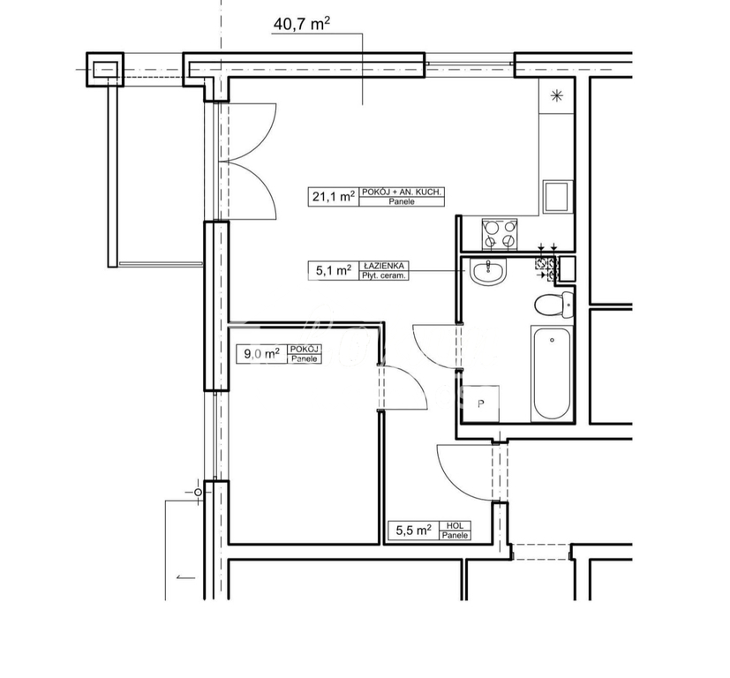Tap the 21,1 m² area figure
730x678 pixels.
[x=332, y=197]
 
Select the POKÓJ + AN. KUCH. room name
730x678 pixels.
[x=403, y=192]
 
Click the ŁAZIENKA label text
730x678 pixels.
[x=383, y=265]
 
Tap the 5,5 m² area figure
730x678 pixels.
[x=411, y=531]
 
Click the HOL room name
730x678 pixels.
[x=455, y=526]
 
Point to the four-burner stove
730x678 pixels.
[x=500, y=233]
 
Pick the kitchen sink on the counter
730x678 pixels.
[x=558, y=196]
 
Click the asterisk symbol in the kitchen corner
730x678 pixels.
[x=557, y=96]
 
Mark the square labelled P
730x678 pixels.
[x=482, y=405]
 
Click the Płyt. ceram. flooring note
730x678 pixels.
[x=383, y=275]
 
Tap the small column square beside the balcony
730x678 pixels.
[x=104, y=69]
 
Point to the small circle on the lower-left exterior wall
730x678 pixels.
[x=199, y=492]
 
